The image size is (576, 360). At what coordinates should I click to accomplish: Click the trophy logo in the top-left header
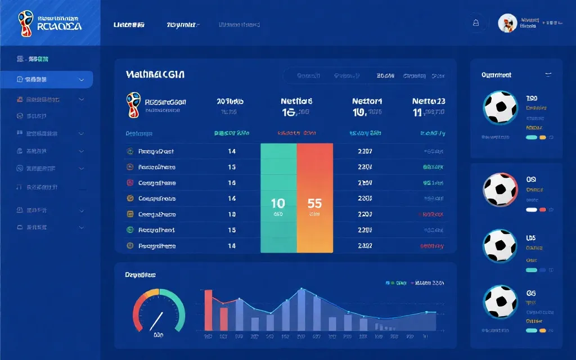pos(26,23)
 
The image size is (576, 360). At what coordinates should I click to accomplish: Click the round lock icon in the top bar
pos(476,23)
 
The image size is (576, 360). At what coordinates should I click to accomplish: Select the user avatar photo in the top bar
pos(507,23)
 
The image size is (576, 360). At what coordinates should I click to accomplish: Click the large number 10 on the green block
pos(278,203)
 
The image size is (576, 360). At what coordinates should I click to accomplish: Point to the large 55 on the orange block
pos(314,203)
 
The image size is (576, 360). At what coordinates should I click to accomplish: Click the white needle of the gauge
pos(156,321)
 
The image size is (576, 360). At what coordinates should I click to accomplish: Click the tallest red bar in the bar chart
pos(208,310)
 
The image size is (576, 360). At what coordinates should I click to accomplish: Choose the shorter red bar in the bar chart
pos(224,318)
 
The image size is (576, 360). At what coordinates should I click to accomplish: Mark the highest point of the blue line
pos(301,289)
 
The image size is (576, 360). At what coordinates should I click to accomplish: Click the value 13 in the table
pos(232,167)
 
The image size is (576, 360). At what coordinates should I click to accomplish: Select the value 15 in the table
pos(232,230)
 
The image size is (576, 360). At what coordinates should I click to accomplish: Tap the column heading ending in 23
pos(429,101)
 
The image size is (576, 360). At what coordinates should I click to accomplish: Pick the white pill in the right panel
pos(531,209)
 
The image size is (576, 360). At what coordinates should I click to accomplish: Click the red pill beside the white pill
pos(543,209)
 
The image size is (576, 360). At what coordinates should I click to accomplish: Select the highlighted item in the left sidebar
pos(47,79)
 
